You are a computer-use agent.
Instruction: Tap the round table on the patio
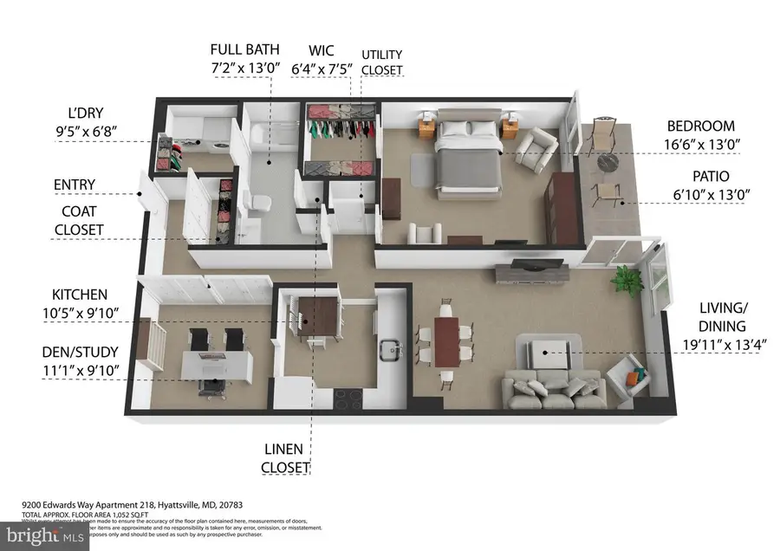pyautogui.click(x=604, y=165)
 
